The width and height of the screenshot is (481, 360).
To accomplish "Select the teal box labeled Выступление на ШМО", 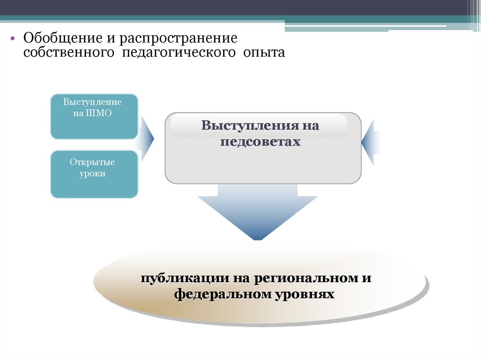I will tap(94, 116).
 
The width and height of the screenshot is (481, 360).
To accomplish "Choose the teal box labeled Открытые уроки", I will tap(94, 174).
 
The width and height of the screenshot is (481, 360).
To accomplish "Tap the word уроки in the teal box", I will tap(93, 174).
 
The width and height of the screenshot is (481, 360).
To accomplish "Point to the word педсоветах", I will tap(260, 141).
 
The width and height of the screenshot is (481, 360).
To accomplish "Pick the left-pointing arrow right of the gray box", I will tap(369, 142).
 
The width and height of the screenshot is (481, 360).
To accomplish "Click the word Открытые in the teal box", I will tap(93, 162).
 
